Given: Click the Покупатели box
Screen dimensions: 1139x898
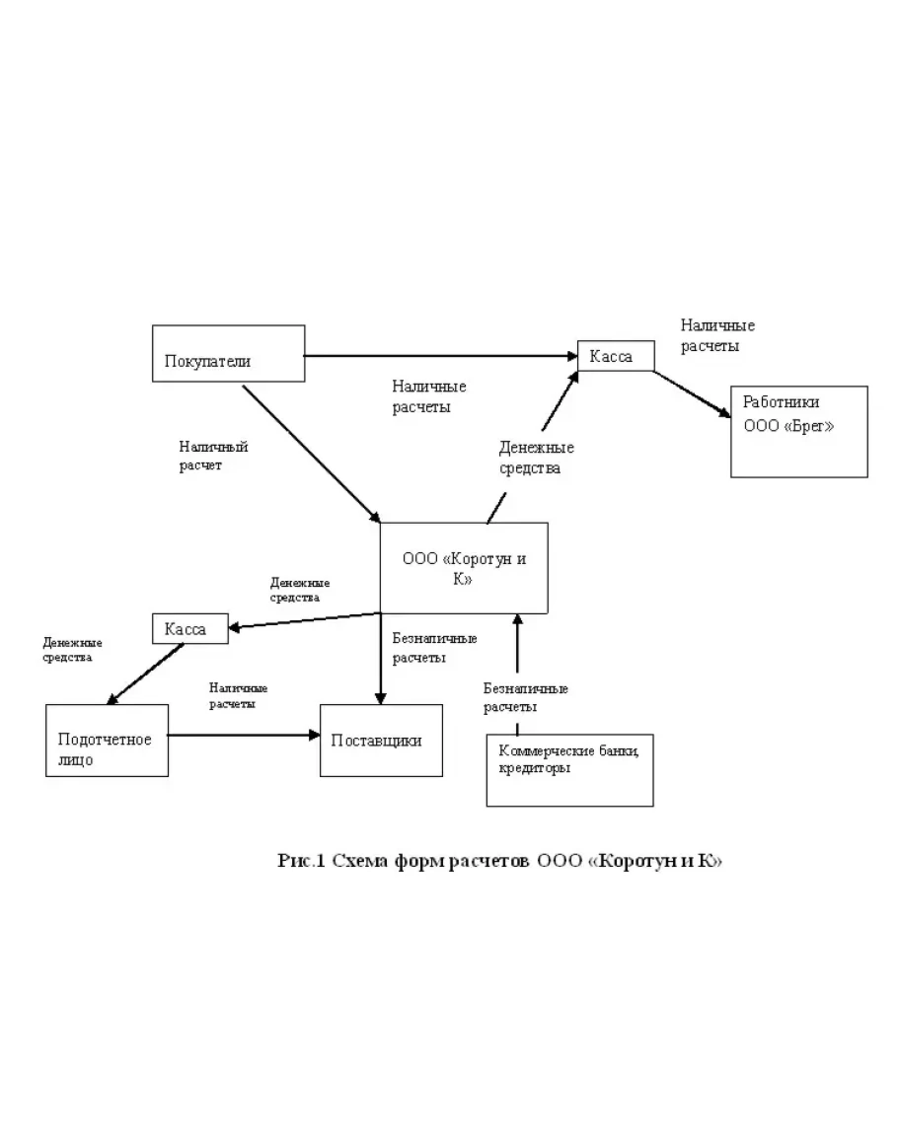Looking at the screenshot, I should [228, 353].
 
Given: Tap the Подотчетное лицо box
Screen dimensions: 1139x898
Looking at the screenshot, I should [108, 741].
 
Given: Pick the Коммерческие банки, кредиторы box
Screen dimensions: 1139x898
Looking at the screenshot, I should [569, 769].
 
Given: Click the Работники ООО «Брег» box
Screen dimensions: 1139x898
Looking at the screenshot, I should [798, 432].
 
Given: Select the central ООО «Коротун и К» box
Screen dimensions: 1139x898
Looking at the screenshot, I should [464, 567].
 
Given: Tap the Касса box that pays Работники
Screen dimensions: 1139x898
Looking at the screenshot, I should [616, 356].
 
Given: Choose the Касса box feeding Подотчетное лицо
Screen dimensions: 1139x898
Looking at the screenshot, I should [189, 628].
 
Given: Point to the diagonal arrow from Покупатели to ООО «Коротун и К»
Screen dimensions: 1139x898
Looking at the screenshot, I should [311, 453].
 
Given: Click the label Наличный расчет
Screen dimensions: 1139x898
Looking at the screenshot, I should [213, 456].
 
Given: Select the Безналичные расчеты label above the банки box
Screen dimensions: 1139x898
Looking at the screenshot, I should [525, 697].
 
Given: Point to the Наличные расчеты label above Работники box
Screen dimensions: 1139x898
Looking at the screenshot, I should [717, 335].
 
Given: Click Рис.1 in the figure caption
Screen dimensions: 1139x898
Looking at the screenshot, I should [301, 860].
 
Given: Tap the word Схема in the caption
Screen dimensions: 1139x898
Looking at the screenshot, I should [360, 860].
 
